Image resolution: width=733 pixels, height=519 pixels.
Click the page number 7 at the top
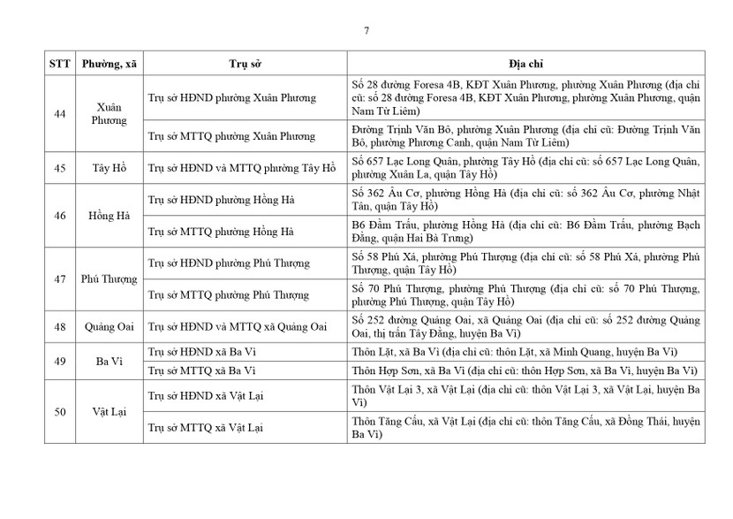tap(366, 31)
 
